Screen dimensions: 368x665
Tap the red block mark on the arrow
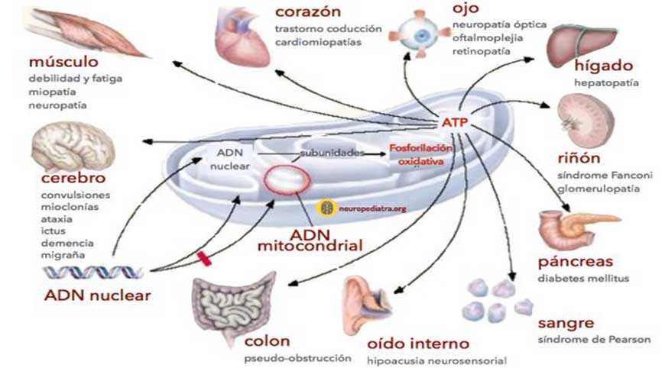coord(204,260)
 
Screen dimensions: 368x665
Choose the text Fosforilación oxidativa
coord(421,154)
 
